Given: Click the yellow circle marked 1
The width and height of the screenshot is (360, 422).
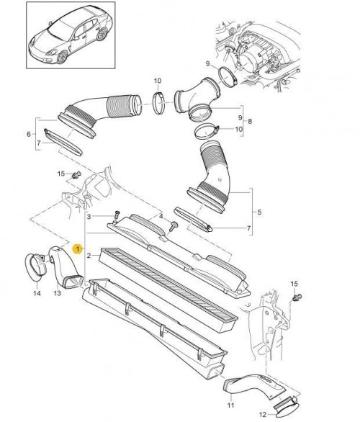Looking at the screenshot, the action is pos(78,248).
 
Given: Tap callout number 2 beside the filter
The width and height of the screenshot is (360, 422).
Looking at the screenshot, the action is pos(89,256).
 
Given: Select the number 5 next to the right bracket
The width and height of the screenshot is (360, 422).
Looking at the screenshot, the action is pos(259,212).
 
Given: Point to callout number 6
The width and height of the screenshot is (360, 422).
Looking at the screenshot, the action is pos(29,134).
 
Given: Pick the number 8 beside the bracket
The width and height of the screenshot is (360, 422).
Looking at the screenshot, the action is pos(250,122).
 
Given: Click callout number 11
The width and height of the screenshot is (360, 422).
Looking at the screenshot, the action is pos(231,405).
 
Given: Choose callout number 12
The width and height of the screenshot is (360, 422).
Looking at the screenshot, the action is pos(264,414).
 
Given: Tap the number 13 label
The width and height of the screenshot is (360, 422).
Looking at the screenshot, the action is pos(58,293).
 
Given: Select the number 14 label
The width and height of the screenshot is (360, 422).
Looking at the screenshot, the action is pos(37,293).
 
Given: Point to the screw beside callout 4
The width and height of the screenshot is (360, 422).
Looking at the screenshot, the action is pos(174,226).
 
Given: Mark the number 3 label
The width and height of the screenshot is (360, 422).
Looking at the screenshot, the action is pos(89,217).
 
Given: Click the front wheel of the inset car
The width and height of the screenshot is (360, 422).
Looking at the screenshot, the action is pos(62,57).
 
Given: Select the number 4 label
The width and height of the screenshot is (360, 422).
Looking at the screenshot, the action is pos(161,216).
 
